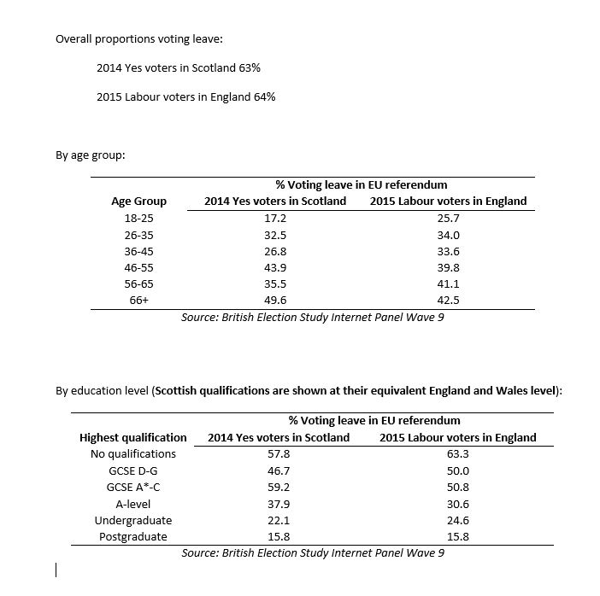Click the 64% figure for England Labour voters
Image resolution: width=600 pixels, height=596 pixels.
point(264,96)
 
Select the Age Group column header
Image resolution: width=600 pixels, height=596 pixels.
point(138,202)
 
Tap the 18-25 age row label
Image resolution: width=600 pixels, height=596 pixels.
point(138,219)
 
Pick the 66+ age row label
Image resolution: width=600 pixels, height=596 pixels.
point(138,300)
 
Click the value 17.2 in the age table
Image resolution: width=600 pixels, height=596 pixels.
point(275,219)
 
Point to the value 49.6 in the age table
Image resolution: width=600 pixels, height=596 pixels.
point(275,300)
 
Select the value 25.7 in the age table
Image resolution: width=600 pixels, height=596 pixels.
point(448,219)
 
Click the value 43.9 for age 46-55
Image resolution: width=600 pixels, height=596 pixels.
point(275,267)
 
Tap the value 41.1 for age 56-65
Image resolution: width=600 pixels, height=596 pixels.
point(448,283)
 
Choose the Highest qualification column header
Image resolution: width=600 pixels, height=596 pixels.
point(132,437)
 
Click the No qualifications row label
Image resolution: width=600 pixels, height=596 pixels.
point(132,453)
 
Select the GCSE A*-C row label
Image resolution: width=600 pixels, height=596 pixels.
point(132,487)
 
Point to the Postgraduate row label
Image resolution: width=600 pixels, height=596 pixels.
point(132,536)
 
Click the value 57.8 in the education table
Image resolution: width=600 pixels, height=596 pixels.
point(279,453)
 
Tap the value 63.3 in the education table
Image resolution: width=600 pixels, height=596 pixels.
point(458,453)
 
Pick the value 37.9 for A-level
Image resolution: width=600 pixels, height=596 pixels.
point(279,503)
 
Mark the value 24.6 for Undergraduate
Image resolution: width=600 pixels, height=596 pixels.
point(458,520)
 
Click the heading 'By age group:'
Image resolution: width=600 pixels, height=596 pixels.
point(90,155)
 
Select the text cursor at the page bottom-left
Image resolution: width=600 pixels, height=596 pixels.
point(56,570)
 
